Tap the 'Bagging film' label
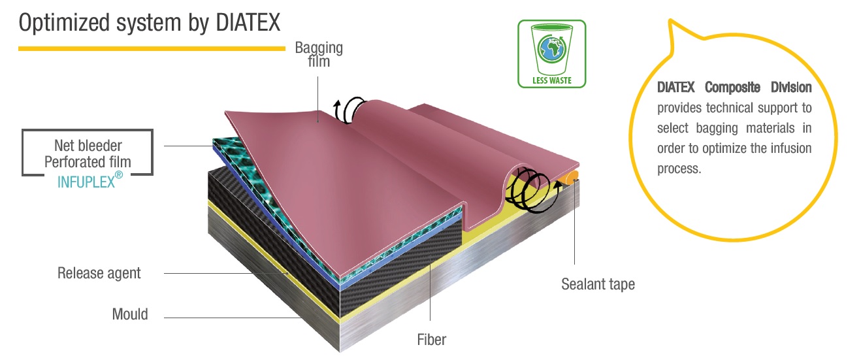click(319, 55)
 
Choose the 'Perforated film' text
click(88, 162)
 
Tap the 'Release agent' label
click(99, 272)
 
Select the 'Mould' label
click(130, 314)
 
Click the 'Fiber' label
click(431, 339)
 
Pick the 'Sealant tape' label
click(598, 284)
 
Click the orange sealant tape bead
click(571, 176)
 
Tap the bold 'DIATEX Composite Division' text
click(734, 88)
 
